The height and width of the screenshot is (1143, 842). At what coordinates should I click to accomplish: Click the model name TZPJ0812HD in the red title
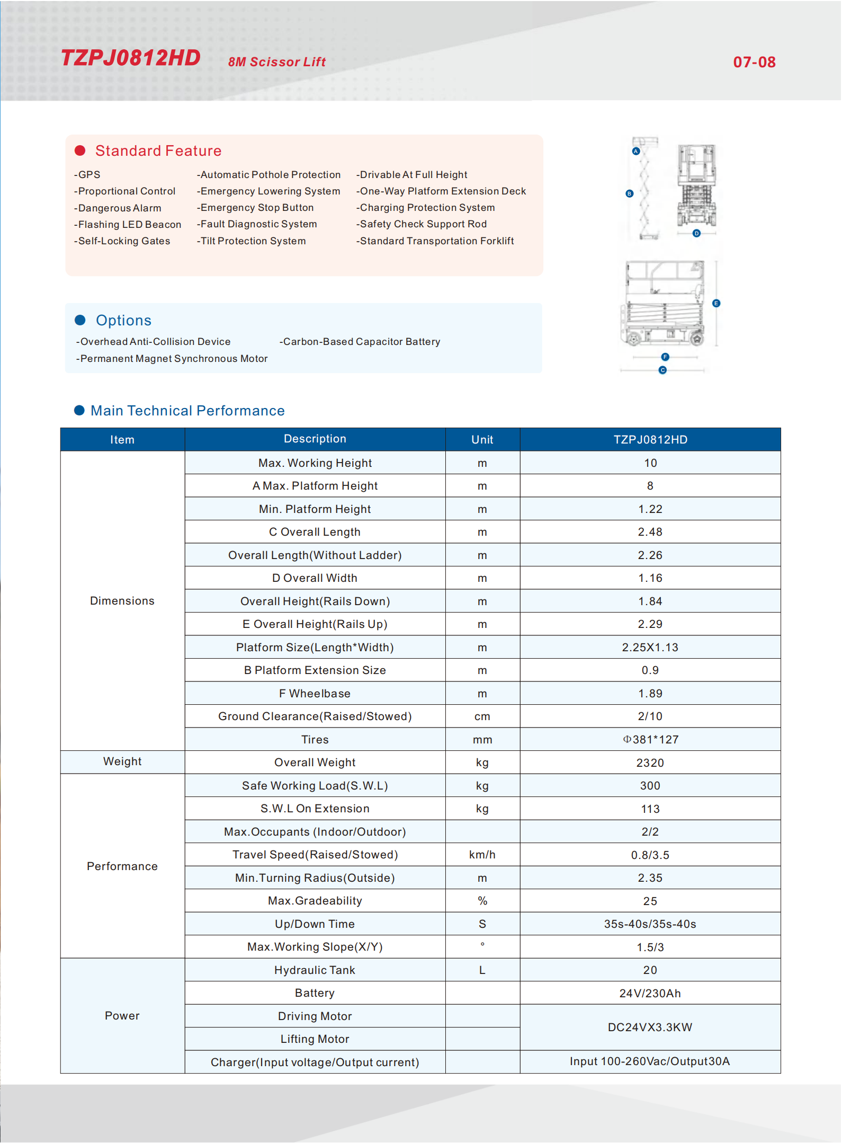click(131, 58)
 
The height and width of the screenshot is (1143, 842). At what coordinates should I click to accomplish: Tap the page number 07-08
click(754, 63)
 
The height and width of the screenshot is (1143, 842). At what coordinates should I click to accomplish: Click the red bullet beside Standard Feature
click(80, 151)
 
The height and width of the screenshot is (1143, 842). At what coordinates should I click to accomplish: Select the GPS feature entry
click(88, 175)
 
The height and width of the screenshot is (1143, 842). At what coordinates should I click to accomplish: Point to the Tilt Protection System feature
click(252, 241)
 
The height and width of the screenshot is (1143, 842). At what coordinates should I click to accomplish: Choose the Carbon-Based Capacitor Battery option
click(360, 342)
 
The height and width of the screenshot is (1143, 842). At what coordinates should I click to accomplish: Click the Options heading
click(123, 321)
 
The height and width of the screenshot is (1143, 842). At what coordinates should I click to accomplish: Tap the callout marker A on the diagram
click(636, 152)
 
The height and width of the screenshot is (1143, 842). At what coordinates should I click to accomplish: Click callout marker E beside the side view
click(716, 304)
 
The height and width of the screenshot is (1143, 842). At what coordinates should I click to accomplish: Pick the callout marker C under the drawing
click(662, 370)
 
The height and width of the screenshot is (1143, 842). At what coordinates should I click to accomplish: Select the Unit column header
click(482, 440)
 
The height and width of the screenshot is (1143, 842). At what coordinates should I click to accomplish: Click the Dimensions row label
click(122, 601)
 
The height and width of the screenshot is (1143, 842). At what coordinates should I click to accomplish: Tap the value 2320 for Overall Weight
click(650, 763)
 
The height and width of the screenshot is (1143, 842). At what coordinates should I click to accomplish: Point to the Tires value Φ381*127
click(650, 740)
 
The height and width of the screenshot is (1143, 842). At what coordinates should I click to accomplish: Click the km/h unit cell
click(482, 855)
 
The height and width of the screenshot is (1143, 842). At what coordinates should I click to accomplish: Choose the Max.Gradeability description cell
click(315, 901)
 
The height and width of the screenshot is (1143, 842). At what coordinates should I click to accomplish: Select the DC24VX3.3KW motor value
click(650, 1027)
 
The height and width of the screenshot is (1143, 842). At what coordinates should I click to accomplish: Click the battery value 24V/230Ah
click(650, 994)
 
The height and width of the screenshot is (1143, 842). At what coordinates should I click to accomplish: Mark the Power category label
click(122, 1016)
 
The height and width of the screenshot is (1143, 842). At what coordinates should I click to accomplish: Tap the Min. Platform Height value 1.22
click(650, 509)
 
